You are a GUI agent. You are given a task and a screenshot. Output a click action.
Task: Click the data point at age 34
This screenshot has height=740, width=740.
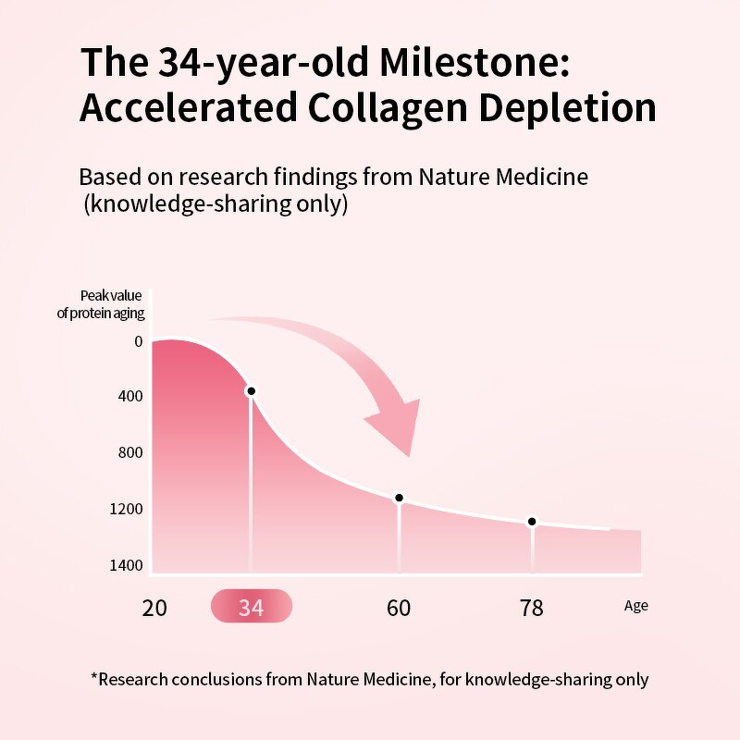point(250,391)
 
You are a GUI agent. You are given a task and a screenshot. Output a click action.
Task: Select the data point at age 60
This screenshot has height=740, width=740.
point(400,498)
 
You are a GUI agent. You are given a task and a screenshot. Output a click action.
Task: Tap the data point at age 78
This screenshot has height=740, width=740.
point(532,522)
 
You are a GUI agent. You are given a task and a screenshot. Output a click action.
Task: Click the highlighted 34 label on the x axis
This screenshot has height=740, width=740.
point(251,608)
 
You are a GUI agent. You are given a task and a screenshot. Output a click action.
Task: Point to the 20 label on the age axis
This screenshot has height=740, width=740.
point(154,608)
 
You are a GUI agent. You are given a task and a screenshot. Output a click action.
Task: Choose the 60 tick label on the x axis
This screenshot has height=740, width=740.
point(399,608)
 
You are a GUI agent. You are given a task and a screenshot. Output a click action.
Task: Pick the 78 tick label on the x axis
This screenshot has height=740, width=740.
point(532,608)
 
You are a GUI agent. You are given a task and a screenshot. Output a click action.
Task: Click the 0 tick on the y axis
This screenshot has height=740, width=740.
point(138,341)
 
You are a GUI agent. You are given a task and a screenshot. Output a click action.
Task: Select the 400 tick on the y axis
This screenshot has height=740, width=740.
point(130,397)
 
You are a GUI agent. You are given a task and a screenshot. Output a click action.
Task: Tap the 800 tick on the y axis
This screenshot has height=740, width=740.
point(130,453)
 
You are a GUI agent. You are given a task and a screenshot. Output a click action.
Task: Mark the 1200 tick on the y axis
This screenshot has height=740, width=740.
point(128,509)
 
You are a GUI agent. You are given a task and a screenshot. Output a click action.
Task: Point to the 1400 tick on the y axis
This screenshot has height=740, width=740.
point(128,565)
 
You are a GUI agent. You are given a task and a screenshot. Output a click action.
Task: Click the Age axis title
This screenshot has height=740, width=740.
point(635,606)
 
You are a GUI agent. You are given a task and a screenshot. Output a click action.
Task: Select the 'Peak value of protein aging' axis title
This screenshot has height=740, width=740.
point(101,304)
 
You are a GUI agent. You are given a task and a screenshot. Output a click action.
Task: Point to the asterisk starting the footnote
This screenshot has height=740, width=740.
point(94,677)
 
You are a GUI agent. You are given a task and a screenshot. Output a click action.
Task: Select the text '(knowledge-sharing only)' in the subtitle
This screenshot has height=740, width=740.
point(216,203)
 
